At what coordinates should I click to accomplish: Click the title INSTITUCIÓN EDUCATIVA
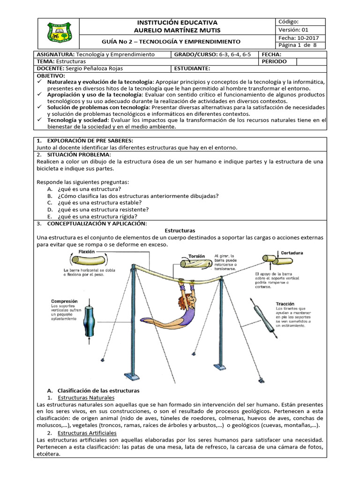[177, 22]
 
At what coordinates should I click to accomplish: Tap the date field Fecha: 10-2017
[297, 37]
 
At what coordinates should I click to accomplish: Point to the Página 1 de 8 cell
[298, 45]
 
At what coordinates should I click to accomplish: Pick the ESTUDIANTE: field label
[192, 68]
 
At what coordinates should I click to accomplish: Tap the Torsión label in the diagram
[196, 256]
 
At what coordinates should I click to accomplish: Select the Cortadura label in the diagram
[292, 253]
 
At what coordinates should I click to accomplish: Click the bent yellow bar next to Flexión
[87, 260]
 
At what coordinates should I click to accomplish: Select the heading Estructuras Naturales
[89, 397]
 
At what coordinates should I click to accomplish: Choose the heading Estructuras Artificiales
[90, 433]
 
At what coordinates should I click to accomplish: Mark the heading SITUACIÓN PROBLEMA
[81, 155]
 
